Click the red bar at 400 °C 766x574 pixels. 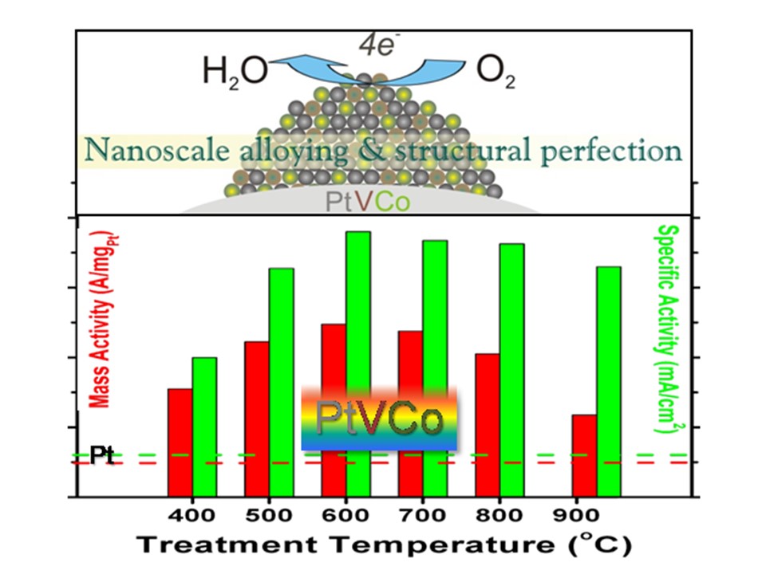click(x=180, y=442)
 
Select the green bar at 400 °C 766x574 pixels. click(x=205, y=427)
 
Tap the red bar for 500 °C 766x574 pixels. click(x=256, y=418)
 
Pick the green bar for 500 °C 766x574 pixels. click(x=281, y=382)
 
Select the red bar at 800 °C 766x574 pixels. click(x=487, y=424)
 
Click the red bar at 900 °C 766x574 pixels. click(x=585, y=454)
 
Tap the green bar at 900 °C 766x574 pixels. click(x=610, y=380)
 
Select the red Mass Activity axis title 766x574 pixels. click(x=102, y=320)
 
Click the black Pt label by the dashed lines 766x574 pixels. click(x=102, y=457)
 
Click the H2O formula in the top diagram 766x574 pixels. click(x=236, y=76)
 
